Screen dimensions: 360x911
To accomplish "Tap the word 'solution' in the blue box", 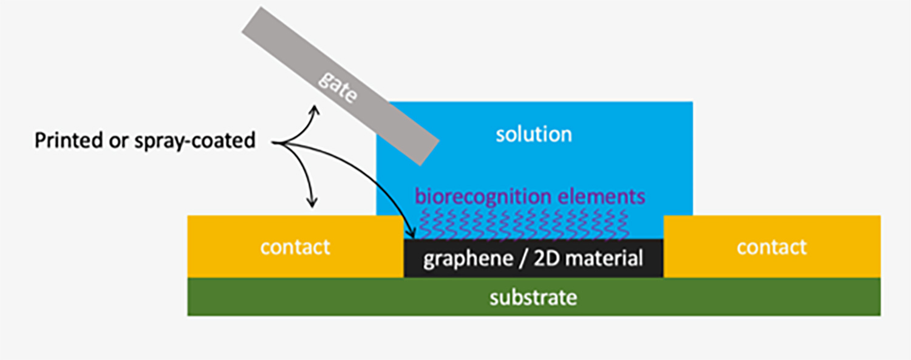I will [x=534, y=134].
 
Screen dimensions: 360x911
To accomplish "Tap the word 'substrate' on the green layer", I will [x=533, y=298].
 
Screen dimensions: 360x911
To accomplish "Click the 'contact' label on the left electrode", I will [x=295, y=247].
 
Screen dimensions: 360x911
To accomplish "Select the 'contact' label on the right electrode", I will [x=771, y=247].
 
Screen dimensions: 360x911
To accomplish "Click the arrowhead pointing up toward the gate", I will [x=314, y=110].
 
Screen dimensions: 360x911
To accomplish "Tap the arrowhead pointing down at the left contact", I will [x=313, y=203].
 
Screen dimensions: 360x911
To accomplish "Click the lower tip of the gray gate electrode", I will [x=428, y=154].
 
